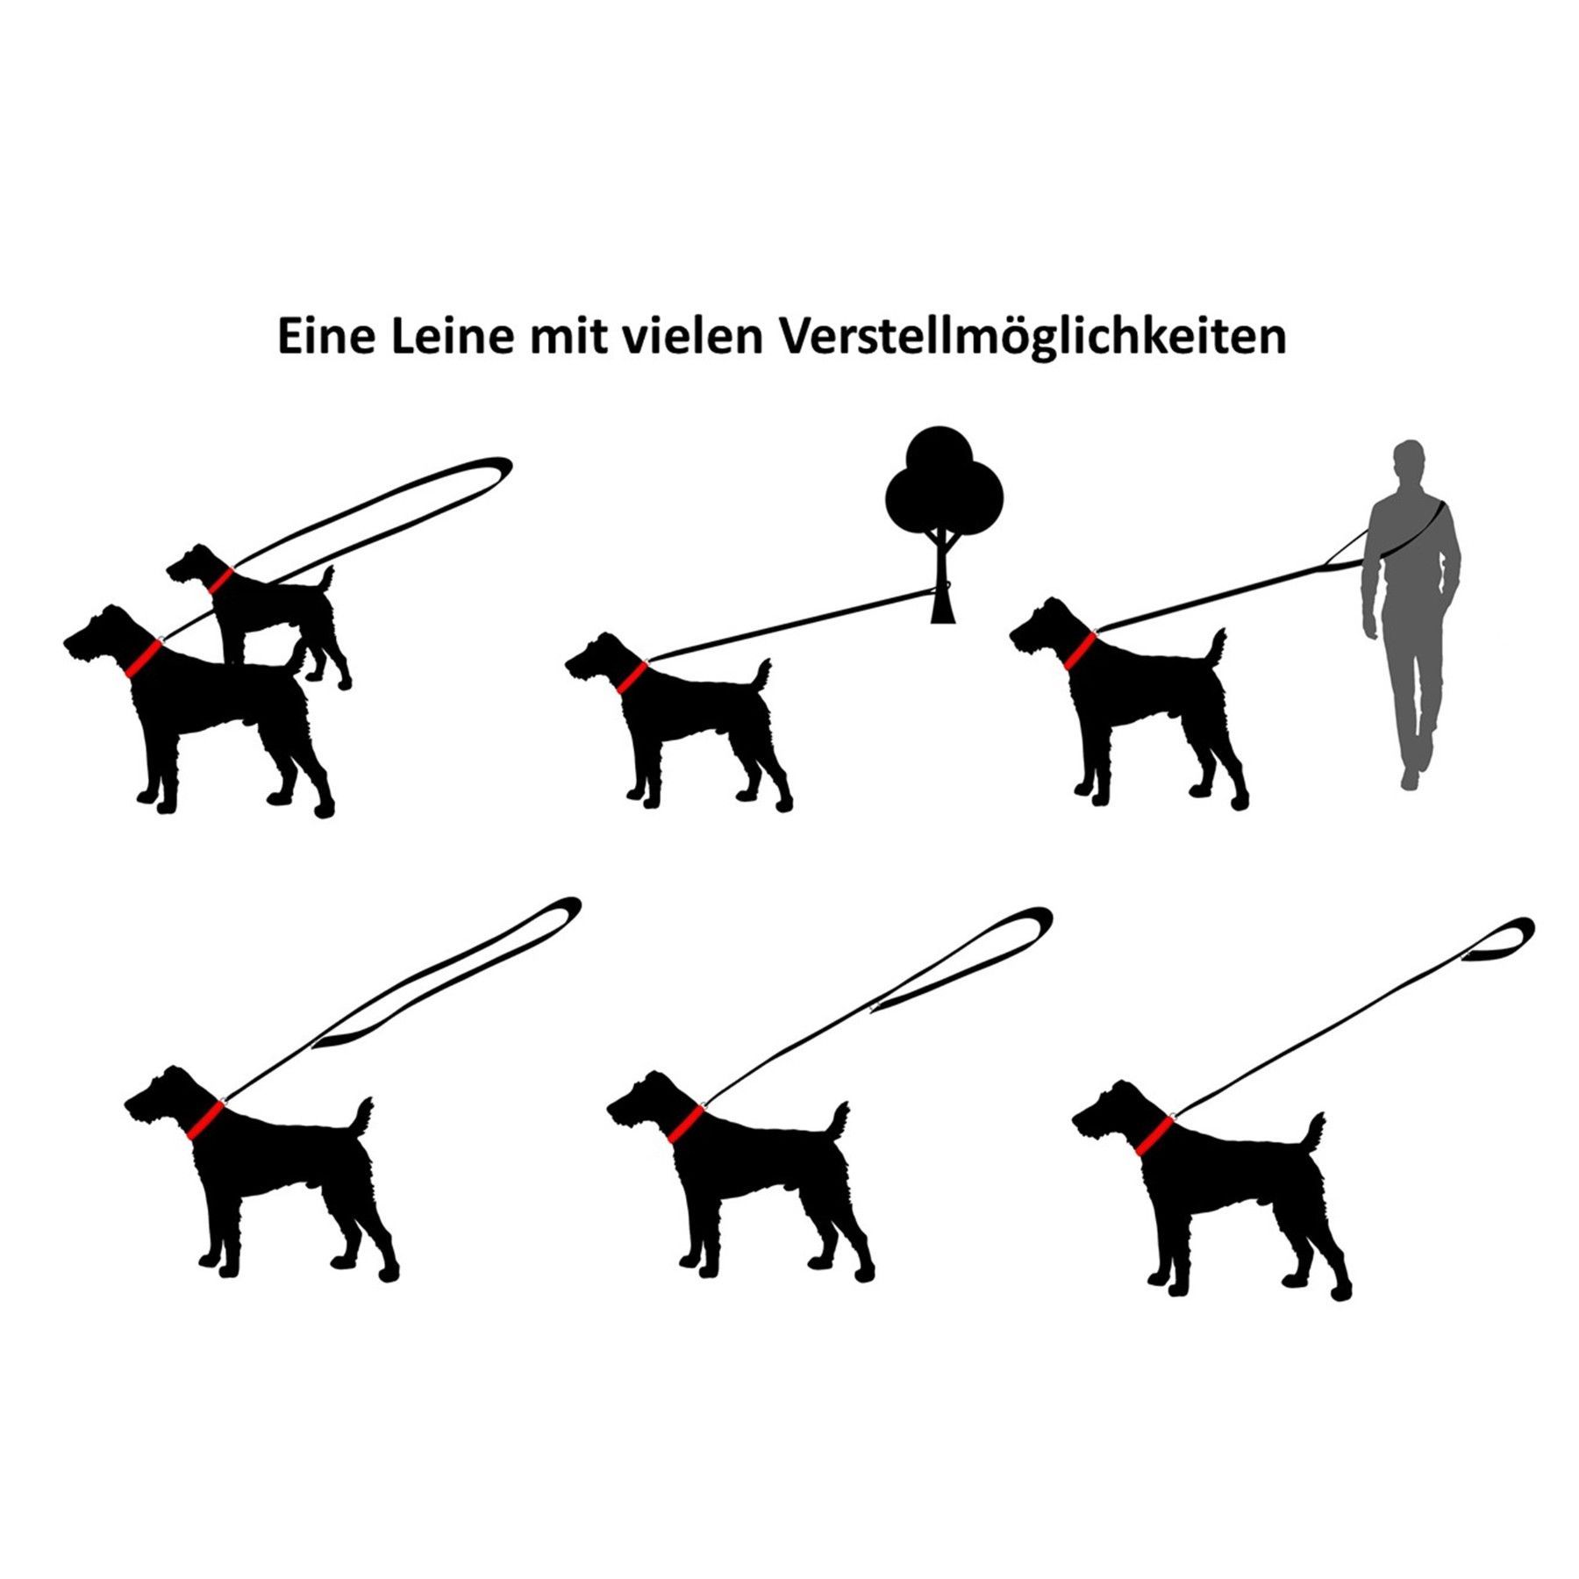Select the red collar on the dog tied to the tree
click(x=631, y=677)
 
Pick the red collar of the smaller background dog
click(x=220, y=580)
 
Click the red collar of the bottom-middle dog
click(x=685, y=1124)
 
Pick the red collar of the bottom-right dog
click(x=1154, y=1135)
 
